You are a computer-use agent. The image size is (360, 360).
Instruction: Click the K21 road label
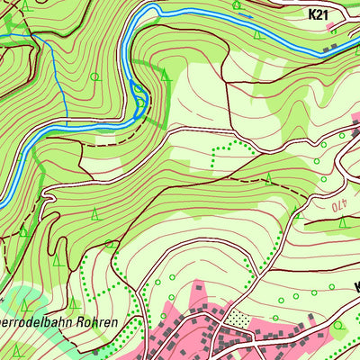(319, 14)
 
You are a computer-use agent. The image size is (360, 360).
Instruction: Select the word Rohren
(121, 321)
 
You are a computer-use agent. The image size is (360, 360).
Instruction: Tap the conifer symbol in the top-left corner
(24, 5)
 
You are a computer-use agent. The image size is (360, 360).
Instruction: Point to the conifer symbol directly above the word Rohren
(111, 245)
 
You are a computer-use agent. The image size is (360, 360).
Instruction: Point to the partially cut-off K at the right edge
(356, 288)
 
